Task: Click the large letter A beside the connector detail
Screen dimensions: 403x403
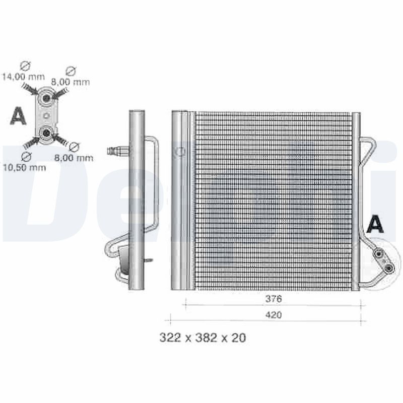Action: click(18, 115)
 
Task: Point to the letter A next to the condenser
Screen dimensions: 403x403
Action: click(375, 224)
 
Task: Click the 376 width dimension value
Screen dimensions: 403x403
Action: click(273, 298)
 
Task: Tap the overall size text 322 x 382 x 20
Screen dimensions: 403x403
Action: click(203, 338)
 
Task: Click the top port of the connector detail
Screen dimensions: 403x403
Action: click(46, 97)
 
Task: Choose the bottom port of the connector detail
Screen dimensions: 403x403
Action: click(46, 133)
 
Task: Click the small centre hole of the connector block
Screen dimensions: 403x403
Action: click(46, 115)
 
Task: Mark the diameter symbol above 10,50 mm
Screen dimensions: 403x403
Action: click(28, 155)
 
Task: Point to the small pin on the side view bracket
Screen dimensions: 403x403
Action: click(148, 260)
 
